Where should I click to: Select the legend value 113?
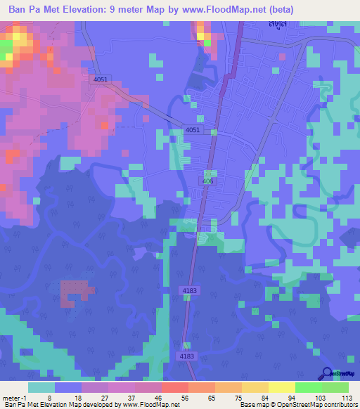(345, 397)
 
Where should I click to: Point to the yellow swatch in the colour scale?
(282, 387)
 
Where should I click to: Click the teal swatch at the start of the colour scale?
(41, 387)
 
